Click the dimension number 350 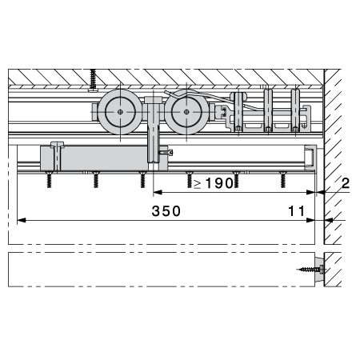tap(166, 211)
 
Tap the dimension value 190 tap(219, 183)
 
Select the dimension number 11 tap(296, 211)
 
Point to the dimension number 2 tap(346, 183)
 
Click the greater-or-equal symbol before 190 tap(198, 184)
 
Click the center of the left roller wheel tap(120, 112)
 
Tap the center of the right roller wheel tap(186, 112)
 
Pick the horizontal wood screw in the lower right tap(310, 270)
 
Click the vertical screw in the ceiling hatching tap(93, 80)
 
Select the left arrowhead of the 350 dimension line tap(22, 220)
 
